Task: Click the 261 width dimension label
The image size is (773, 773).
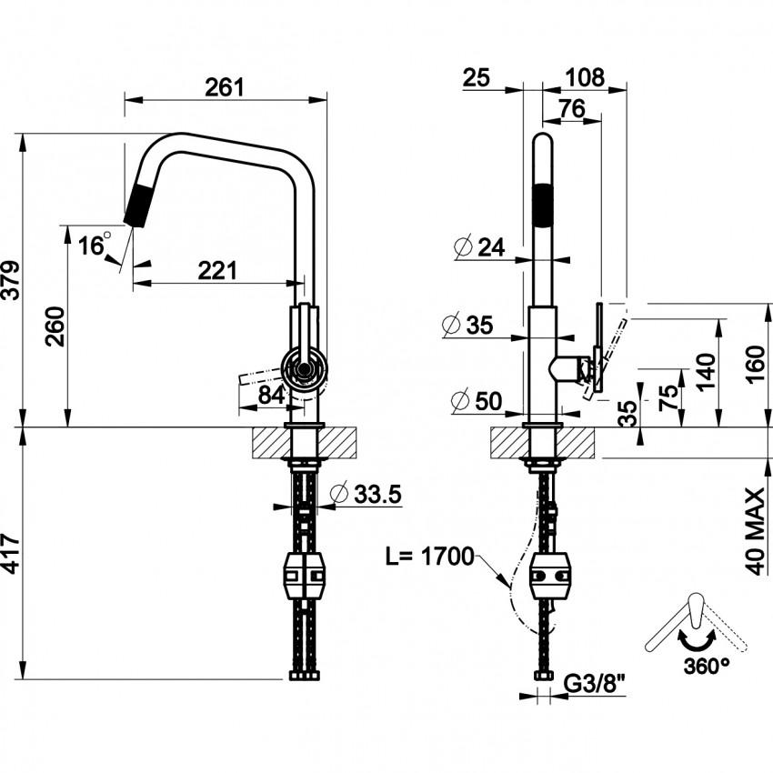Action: [x=225, y=87]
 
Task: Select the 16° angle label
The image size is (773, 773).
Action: [x=95, y=244]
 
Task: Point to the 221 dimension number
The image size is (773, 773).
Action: [x=217, y=270]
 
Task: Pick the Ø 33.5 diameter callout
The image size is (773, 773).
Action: [x=366, y=494]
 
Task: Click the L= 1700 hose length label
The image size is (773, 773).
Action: [x=429, y=557]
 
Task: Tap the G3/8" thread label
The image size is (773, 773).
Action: [x=594, y=683]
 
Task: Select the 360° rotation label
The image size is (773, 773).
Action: [x=706, y=667]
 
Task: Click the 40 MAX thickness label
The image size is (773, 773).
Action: [x=754, y=531]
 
